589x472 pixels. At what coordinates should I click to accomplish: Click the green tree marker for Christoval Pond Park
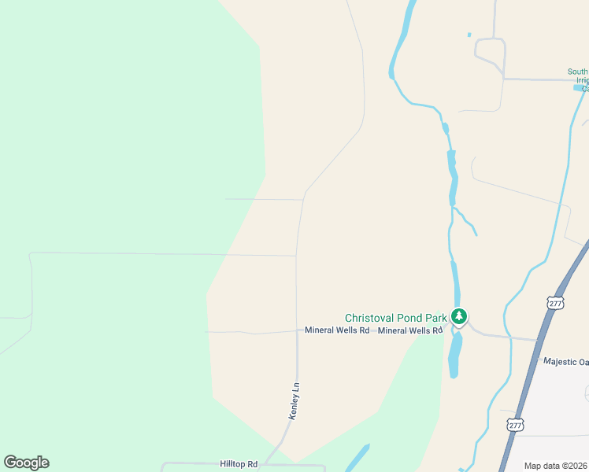point(459,317)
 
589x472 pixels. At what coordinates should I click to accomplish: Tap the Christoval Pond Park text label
point(395,319)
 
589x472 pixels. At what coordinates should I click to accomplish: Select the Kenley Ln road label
point(294,401)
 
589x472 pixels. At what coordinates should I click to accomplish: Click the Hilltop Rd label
point(239,465)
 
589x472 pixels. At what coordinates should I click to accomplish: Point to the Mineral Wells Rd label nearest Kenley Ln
point(337,330)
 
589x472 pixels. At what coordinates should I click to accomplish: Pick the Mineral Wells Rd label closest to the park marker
point(409,330)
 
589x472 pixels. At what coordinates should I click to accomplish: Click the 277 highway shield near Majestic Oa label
point(556,303)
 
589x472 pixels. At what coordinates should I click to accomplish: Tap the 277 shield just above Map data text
point(515,425)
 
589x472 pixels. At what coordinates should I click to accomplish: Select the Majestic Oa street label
point(565,362)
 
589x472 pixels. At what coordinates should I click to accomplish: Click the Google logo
point(26,463)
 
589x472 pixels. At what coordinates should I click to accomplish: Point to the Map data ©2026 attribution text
point(555,466)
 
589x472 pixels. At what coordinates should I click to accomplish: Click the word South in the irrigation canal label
point(577,72)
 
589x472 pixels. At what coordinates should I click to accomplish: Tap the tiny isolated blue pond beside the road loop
point(469,35)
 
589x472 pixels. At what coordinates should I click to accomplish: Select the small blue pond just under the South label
point(579,87)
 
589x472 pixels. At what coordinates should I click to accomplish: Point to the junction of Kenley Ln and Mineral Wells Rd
point(296,331)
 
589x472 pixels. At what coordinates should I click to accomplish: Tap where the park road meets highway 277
point(539,341)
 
